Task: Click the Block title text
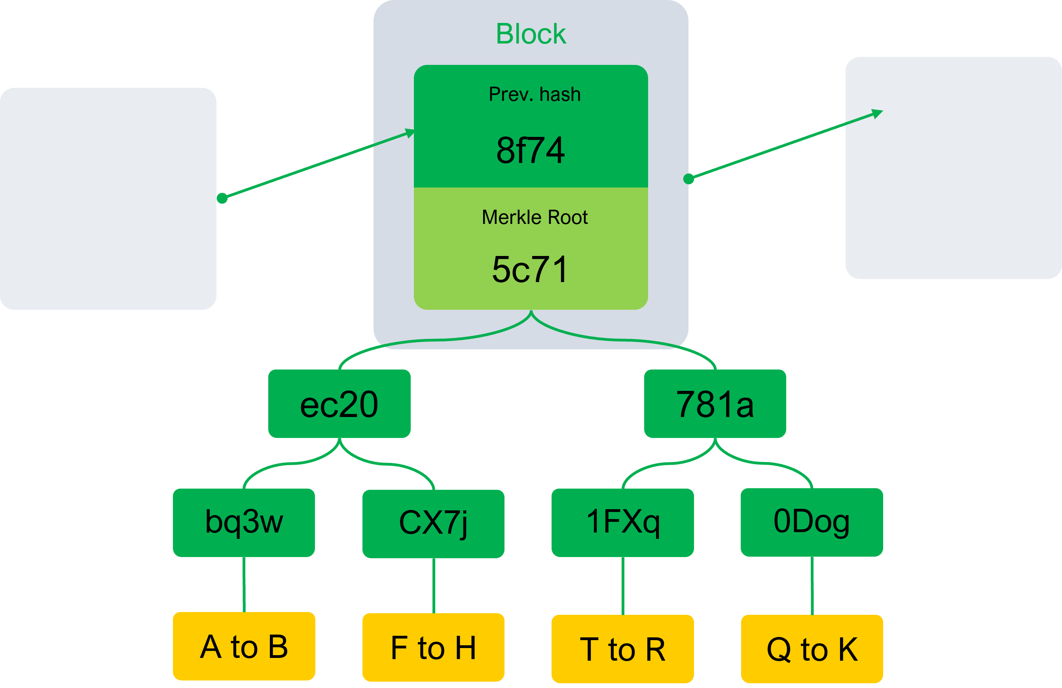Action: click(531, 34)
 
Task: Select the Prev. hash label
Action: click(535, 95)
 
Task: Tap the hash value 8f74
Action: click(531, 150)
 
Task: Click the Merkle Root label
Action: click(535, 217)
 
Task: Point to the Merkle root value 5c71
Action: click(531, 269)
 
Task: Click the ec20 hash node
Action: click(339, 404)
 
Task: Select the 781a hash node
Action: click(715, 404)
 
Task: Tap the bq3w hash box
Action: click(244, 522)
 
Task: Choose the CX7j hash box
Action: click(433, 523)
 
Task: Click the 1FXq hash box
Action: click(622, 522)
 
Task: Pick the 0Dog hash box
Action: click(812, 521)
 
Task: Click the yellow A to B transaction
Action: click(244, 646)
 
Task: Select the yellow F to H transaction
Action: click(433, 647)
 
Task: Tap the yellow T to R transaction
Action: click(622, 649)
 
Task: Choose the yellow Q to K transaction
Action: click(812, 649)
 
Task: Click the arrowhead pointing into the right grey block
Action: click(878, 113)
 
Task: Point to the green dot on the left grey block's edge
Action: click(222, 198)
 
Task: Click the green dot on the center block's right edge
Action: click(688, 179)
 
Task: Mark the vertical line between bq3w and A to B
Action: click(244, 584)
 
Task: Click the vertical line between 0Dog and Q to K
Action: click(812, 586)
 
